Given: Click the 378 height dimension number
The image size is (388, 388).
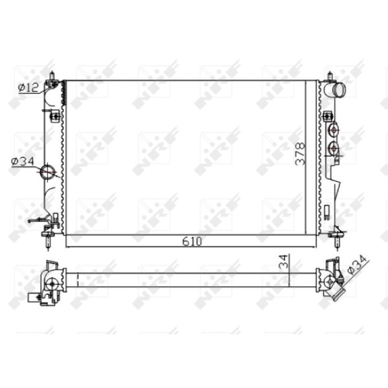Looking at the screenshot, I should pyautogui.click(x=301, y=155).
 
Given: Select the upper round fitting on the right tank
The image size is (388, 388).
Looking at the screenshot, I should pyautogui.click(x=334, y=131).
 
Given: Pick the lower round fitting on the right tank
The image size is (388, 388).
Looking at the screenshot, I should pyautogui.click(x=334, y=149).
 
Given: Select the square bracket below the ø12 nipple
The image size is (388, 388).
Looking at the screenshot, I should pyautogui.click(x=56, y=116).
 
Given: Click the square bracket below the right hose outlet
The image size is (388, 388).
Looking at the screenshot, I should pyautogui.click(x=330, y=116).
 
